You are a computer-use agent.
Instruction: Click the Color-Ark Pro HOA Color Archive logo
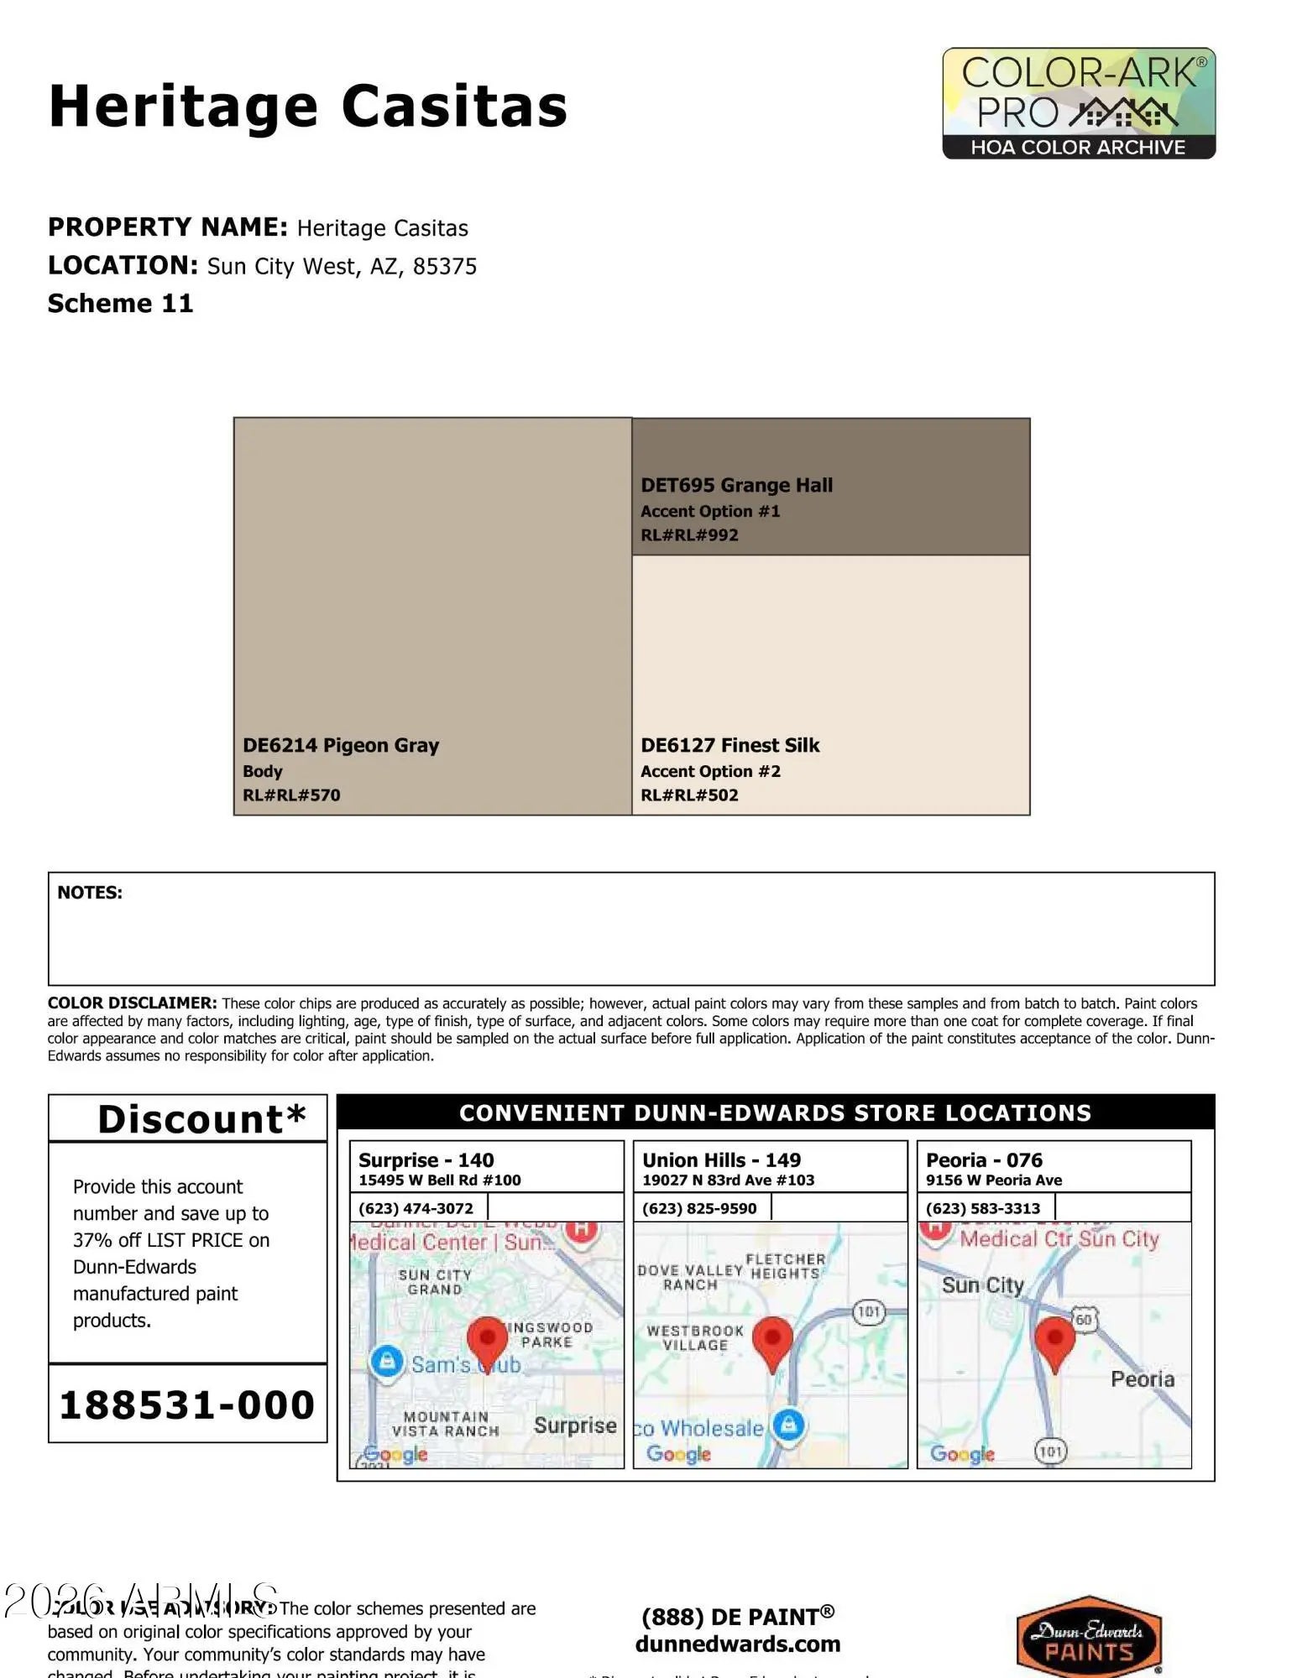pyautogui.click(x=1079, y=103)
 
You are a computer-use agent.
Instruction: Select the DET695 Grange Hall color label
pyautogui.click(x=736, y=486)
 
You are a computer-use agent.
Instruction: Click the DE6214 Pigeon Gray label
pyautogui.click(x=341, y=746)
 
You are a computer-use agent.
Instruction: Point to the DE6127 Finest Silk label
pyautogui.click(x=730, y=746)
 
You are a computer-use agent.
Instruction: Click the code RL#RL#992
pyautogui.click(x=689, y=535)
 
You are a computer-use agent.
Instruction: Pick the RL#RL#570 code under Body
pyautogui.click(x=291, y=795)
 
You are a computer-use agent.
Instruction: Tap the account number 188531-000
pyautogui.click(x=187, y=1405)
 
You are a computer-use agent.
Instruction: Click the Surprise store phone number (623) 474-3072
pyautogui.click(x=416, y=1208)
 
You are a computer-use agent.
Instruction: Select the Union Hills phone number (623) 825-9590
pyautogui.click(x=699, y=1208)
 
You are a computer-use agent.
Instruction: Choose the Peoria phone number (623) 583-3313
pyautogui.click(x=983, y=1208)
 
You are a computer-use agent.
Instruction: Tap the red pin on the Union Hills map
pyautogui.click(x=772, y=1341)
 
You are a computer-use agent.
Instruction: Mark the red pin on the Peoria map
pyautogui.click(x=1054, y=1341)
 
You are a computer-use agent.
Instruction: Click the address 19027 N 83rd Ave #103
pyautogui.click(x=728, y=1180)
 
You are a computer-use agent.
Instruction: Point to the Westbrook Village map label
pyautogui.click(x=695, y=1337)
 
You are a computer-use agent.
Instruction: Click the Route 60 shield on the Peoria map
pyautogui.click(x=1084, y=1320)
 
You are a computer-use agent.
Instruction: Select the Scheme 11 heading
pyautogui.click(x=120, y=304)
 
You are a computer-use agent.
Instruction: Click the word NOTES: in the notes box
pyautogui.click(x=90, y=893)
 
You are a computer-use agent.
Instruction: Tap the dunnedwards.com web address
pyautogui.click(x=737, y=1644)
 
